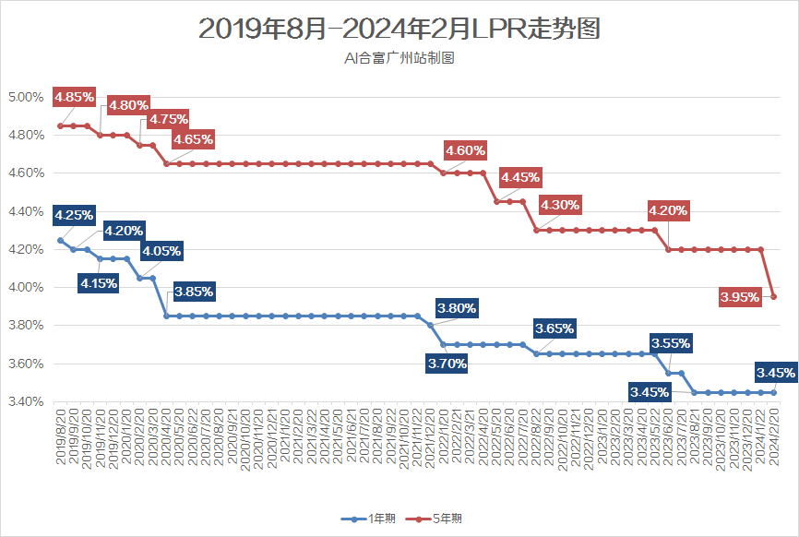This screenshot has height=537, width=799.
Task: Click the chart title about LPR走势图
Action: point(399,30)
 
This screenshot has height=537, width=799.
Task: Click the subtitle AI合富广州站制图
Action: point(399,58)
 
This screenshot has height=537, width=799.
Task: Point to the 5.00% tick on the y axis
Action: point(26,97)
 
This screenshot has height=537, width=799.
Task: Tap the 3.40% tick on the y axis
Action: point(26,401)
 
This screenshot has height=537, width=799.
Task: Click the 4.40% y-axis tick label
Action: point(26,211)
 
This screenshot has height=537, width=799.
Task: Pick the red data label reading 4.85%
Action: point(74,97)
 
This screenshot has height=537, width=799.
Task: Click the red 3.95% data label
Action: point(740,297)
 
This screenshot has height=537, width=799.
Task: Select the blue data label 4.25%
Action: point(74,216)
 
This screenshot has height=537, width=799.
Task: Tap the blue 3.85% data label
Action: point(195,292)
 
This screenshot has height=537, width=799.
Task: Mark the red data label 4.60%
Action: point(465,150)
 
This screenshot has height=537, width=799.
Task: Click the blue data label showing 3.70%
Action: point(447,364)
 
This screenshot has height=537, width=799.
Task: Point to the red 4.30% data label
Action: point(560,205)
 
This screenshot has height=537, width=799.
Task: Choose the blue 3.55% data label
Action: point(671,343)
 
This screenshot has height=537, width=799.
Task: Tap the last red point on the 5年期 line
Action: point(773,296)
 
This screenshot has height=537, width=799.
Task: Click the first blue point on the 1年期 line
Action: point(60,240)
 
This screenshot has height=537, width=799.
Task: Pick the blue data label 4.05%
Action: point(161,250)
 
